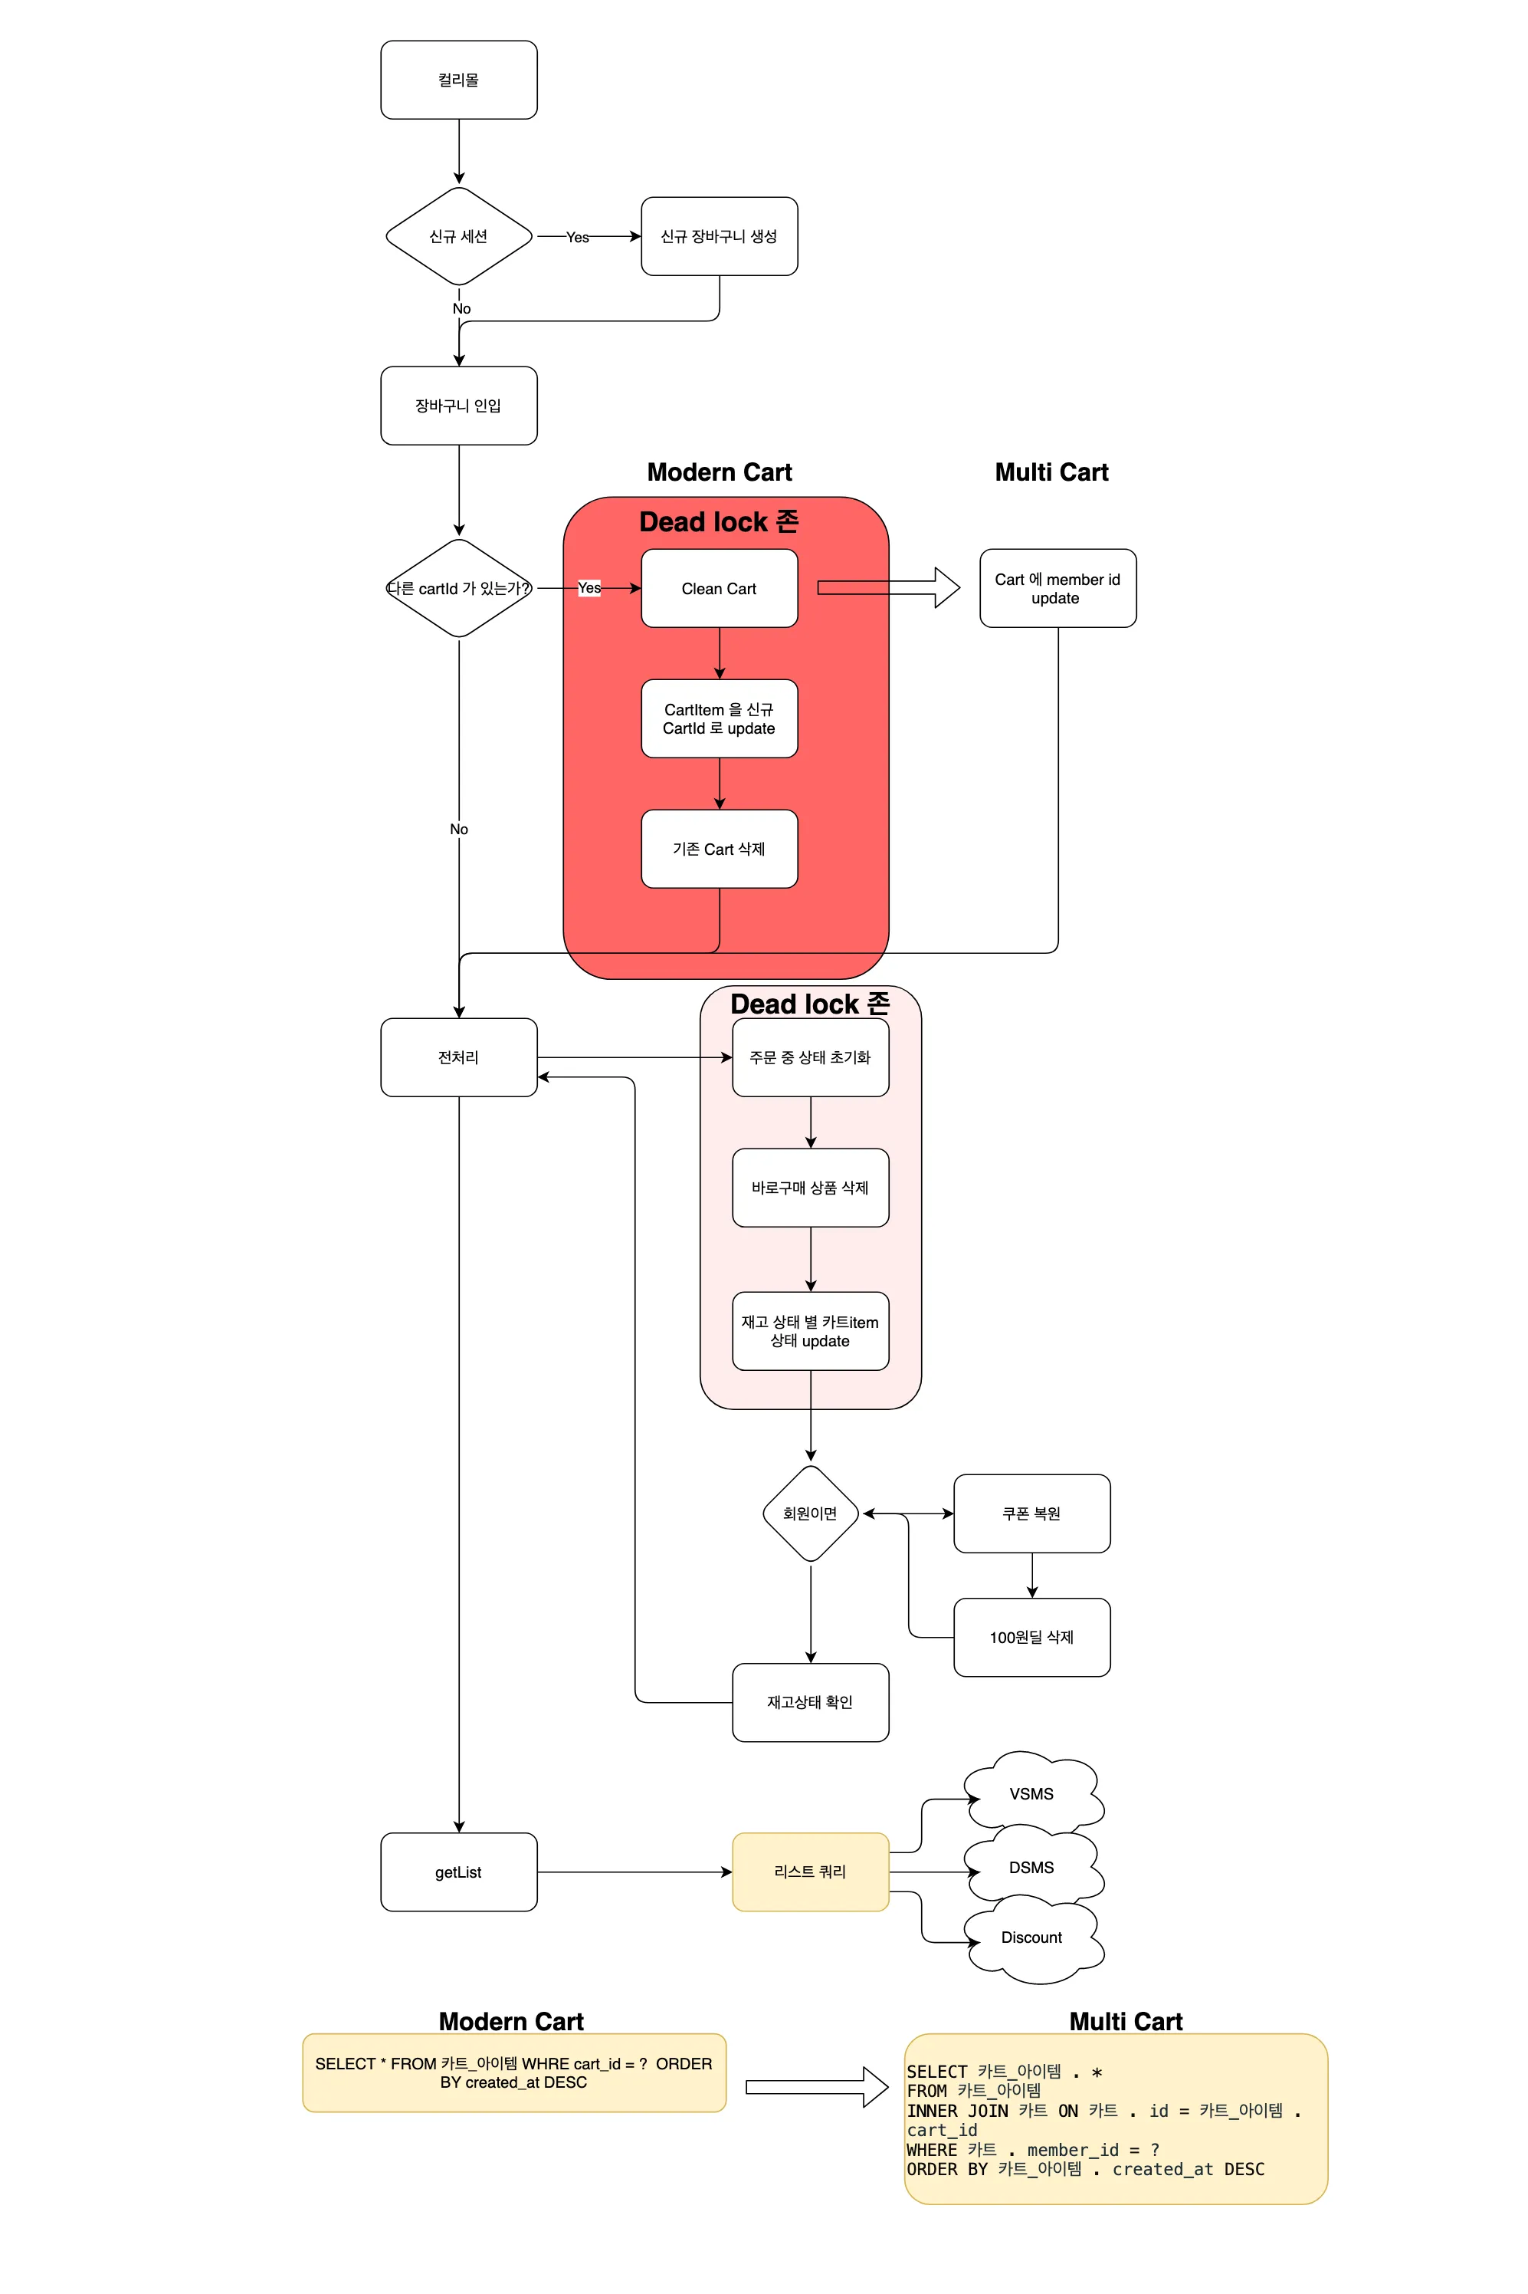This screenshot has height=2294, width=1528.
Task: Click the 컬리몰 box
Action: [459, 80]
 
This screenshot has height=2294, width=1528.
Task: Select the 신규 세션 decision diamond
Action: [459, 236]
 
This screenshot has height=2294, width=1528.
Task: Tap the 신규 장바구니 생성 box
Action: [720, 236]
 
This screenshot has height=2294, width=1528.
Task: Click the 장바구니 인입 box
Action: [459, 406]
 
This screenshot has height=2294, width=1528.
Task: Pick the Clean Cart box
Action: [720, 588]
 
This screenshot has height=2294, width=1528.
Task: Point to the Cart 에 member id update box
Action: [1057, 588]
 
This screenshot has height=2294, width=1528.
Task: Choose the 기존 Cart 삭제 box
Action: [720, 848]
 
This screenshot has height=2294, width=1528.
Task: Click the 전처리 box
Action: [459, 1057]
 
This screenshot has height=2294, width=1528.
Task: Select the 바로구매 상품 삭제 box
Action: [811, 1188]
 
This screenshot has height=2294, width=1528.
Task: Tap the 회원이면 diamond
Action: [811, 1513]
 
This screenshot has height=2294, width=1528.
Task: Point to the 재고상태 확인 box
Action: [811, 1702]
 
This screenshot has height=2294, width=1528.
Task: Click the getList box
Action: [459, 1872]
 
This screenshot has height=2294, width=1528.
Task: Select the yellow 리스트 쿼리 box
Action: [811, 1872]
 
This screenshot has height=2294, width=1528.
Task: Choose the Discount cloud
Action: [1033, 1937]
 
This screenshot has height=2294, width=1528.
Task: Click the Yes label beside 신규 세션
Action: [578, 237]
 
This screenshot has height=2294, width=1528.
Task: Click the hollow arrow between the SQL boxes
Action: [817, 2086]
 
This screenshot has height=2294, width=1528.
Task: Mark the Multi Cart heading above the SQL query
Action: [1126, 2021]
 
